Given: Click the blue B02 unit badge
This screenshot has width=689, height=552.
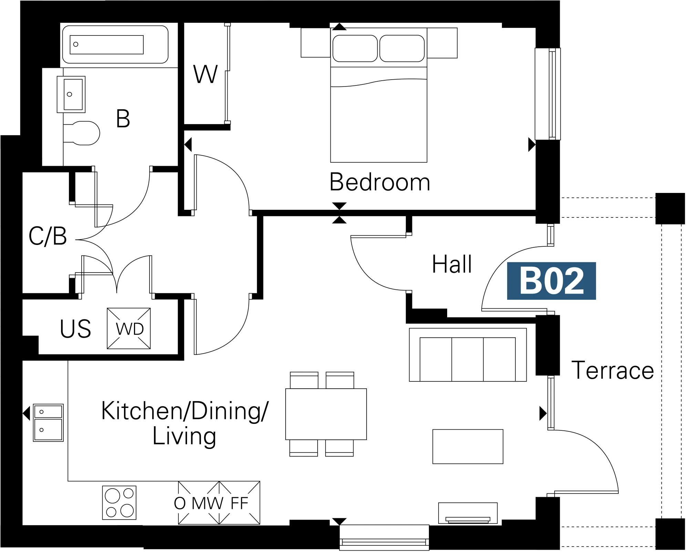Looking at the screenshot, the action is pyautogui.click(x=551, y=281).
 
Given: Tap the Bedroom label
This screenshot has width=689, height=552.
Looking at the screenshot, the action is pyautogui.click(x=380, y=182).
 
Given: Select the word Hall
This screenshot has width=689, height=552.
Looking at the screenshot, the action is pyautogui.click(x=452, y=264).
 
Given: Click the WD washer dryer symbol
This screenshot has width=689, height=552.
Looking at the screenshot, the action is pyautogui.click(x=129, y=328).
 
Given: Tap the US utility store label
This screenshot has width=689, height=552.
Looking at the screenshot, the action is pyautogui.click(x=75, y=329).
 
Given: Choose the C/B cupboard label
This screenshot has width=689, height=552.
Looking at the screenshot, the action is pyautogui.click(x=48, y=236).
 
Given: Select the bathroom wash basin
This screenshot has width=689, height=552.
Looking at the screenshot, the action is pyautogui.click(x=71, y=94).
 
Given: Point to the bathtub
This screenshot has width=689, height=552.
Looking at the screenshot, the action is pyautogui.click(x=115, y=44).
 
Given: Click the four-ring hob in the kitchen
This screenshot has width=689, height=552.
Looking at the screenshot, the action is pyautogui.click(x=119, y=503).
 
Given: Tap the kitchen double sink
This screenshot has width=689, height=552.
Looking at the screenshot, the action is pyautogui.click(x=48, y=423).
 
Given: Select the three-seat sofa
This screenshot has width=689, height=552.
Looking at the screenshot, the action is pyautogui.click(x=468, y=355).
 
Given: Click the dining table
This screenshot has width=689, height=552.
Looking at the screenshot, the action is pyautogui.click(x=326, y=414).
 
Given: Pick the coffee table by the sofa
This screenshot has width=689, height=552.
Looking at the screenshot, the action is pyautogui.click(x=468, y=447).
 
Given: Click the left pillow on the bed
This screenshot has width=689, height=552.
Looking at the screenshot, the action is pyautogui.click(x=355, y=48).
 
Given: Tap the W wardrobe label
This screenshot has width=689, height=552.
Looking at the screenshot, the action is pyautogui.click(x=205, y=74).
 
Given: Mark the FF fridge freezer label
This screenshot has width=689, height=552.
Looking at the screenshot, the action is pyautogui.click(x=239, y=503).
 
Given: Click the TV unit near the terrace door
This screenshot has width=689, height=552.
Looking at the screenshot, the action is pyautogui.click(x=468, y=513).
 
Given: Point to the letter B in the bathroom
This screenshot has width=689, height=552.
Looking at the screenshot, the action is pyautogui.click(x=123, y=119).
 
